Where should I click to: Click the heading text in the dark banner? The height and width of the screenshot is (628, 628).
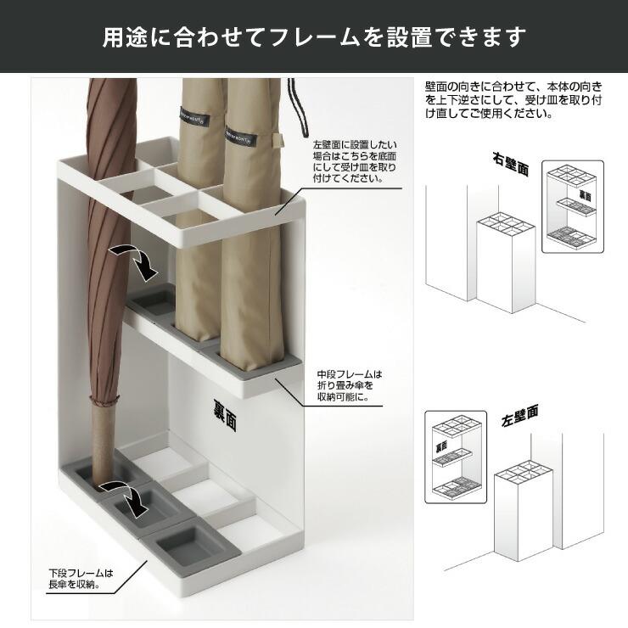coord(314,37)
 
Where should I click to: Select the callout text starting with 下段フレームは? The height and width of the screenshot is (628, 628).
coord(81,579)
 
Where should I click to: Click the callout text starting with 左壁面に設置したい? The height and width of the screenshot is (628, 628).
coord(355,162)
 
